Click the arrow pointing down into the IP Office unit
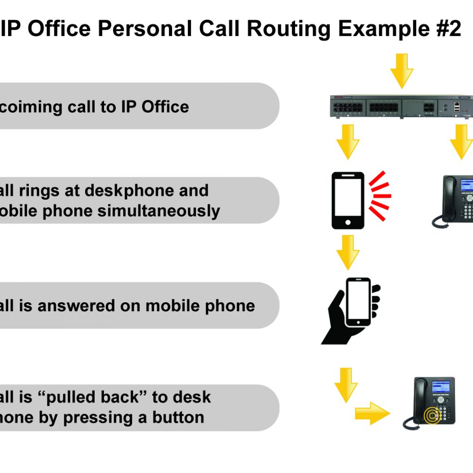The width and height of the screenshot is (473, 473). point(402,71)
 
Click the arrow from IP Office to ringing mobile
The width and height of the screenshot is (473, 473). point(348,141)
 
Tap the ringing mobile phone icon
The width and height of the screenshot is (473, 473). point(348,201)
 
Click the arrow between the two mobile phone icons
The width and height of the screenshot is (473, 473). point(348,254)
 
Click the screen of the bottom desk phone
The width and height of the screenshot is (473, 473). point(442,387)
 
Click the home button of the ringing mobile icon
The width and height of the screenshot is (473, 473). point(348,222)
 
